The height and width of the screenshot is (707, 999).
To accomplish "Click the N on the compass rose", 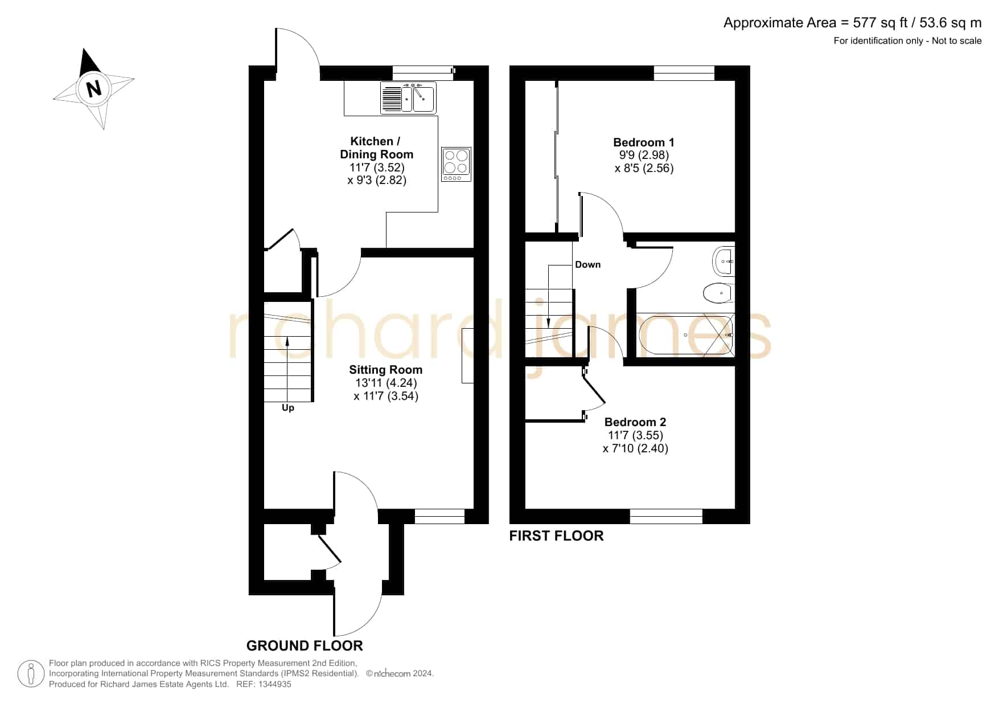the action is point(93,89).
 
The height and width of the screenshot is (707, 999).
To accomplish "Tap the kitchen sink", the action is point(408,98).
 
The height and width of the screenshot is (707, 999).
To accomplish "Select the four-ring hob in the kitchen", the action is point(456,164).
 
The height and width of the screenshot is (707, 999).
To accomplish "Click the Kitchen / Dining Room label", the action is point(376,148).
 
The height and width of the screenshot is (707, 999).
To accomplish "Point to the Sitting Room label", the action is point(386,370).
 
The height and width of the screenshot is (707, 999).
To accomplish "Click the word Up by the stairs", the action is point(288,408).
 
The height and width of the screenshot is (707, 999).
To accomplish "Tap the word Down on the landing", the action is point(587,264).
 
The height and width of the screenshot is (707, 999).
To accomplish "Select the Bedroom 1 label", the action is point(644,142).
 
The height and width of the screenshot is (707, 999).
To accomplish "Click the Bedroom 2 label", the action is point(635,422).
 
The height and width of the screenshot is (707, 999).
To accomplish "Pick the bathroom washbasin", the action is point(724,261).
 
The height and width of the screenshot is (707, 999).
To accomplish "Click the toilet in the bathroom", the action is point(720,293).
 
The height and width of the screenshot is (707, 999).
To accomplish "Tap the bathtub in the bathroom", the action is point(686,335).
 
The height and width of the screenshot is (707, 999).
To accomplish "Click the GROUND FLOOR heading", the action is point(305,645).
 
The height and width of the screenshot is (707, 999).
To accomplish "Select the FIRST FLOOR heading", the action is point(556,536).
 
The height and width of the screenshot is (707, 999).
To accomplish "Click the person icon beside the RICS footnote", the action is point(31,674).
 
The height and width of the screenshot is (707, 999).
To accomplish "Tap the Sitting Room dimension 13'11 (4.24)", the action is point(386,383).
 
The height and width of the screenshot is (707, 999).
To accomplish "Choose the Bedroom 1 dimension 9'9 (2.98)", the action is point(644,155).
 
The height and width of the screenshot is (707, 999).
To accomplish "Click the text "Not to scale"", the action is point(957,40).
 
